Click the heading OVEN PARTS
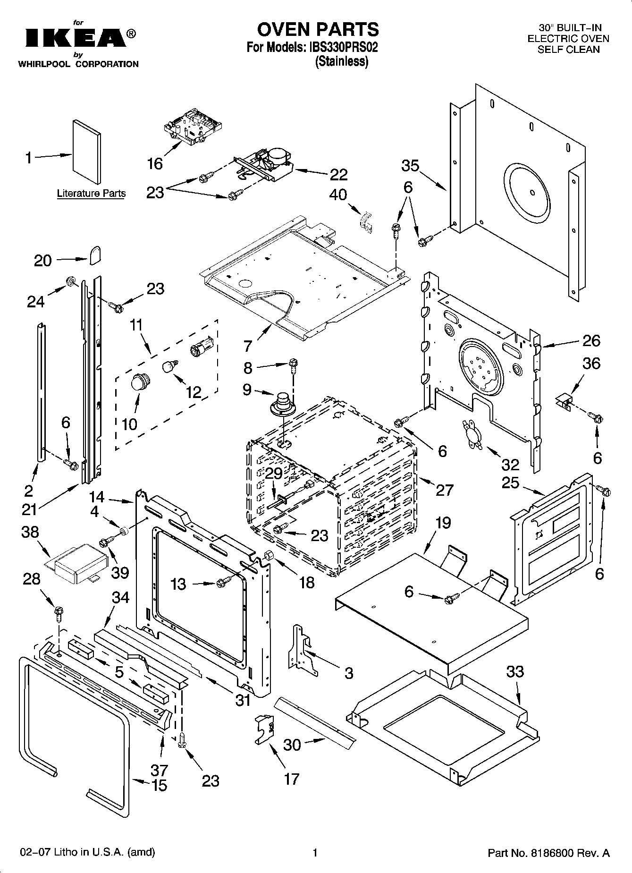pos(318,29)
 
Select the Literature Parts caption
pos(91,193)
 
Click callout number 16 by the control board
pos(155,164)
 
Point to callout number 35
pos(410,166)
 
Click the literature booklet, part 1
pos(86,152)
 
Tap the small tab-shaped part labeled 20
pos(95,255)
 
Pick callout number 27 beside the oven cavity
pos(444,490)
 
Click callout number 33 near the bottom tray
pos(515,671)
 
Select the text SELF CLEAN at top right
pos(568,50)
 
